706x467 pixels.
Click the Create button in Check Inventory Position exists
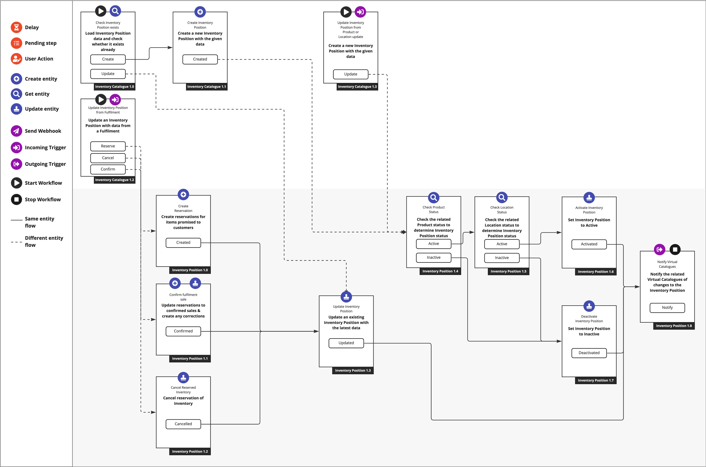pos(108,59)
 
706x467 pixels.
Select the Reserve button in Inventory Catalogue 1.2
pos(108,146)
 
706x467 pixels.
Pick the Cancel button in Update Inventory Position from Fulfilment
pos(108,158)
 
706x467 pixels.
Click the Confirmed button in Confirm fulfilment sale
pos(183,331)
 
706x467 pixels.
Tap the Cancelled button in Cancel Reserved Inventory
pos(183,424)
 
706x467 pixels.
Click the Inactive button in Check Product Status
pos(434,258)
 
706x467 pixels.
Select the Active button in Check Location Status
pos(502,244)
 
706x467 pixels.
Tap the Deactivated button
pos(589,353)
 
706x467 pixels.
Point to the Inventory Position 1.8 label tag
pos(674,326)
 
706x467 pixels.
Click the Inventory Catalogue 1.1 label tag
pos(206,87)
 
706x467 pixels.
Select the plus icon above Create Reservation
pos(183,195)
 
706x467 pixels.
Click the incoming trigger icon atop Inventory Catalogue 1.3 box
pos(360,12)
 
